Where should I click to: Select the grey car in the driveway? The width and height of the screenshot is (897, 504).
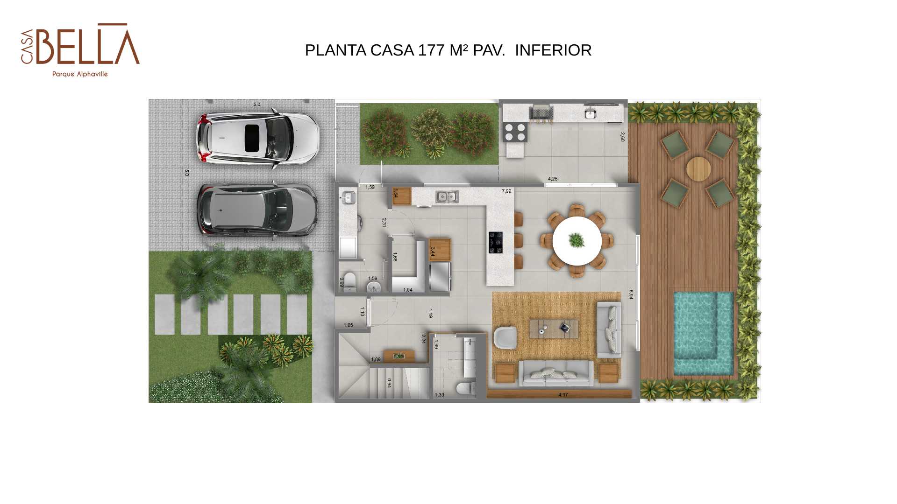pos(257,210)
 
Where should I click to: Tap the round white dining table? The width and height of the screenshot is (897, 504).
pos(577,241)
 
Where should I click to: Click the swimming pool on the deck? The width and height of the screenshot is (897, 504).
pos(703,333)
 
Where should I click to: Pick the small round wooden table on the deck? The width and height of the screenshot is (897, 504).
pos(698,168)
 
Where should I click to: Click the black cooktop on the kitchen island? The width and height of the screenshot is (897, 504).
pos(496,243)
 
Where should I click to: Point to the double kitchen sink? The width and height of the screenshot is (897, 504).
pos(447,197)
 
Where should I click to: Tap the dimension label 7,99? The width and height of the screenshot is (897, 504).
pos(506,191)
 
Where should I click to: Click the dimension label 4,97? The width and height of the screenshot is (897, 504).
pos(563,395)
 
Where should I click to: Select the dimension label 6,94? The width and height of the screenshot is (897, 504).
pos(631,294)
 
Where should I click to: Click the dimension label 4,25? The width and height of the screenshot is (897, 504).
pos(553,179)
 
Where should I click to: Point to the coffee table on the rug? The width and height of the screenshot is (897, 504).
pos(554,329)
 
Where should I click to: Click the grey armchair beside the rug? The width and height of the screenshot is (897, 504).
pos(505,337)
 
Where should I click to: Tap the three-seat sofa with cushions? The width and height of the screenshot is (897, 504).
pos(556,373)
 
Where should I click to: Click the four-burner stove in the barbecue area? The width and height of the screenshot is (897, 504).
pos(515,132)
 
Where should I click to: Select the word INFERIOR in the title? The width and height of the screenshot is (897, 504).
pos(553,50)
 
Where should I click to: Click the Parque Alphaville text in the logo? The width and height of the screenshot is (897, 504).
pos(80,74)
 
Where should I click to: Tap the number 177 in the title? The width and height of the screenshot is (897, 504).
pos(431,50)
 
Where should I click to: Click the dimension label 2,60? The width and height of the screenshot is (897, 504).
pos(622,137)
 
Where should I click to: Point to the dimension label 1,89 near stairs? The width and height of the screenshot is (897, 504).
pos(376,359)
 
